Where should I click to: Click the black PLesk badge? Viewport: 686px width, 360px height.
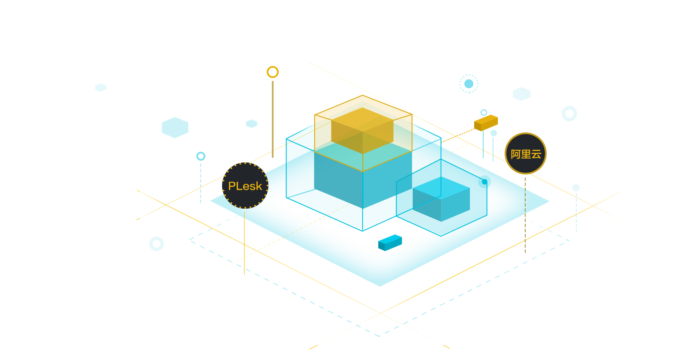(245, 186)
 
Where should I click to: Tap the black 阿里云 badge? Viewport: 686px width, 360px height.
(526, 153)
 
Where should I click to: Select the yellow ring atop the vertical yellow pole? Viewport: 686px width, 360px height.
(273, 72)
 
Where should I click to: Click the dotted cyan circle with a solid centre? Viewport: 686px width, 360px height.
(469, 84)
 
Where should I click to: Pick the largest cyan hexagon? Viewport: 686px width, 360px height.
(175, 127)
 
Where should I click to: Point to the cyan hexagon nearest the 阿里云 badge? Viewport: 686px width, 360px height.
(522, 94)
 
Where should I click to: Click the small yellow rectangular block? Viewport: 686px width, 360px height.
(486, 123)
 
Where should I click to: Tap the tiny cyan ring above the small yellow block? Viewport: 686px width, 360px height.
(484, 112)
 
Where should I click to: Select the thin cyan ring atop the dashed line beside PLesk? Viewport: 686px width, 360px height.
(201, 156)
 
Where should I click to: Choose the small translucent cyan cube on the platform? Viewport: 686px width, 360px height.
(441, 199)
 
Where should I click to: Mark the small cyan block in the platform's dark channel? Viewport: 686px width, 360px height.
(390, 242)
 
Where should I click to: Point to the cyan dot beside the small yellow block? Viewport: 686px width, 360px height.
(493, 133)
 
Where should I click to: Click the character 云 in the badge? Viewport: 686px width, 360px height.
(536, 154)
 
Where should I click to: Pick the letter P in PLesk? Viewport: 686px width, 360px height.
(232, 186)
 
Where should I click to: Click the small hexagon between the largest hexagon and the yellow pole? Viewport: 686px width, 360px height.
(252, 124)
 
